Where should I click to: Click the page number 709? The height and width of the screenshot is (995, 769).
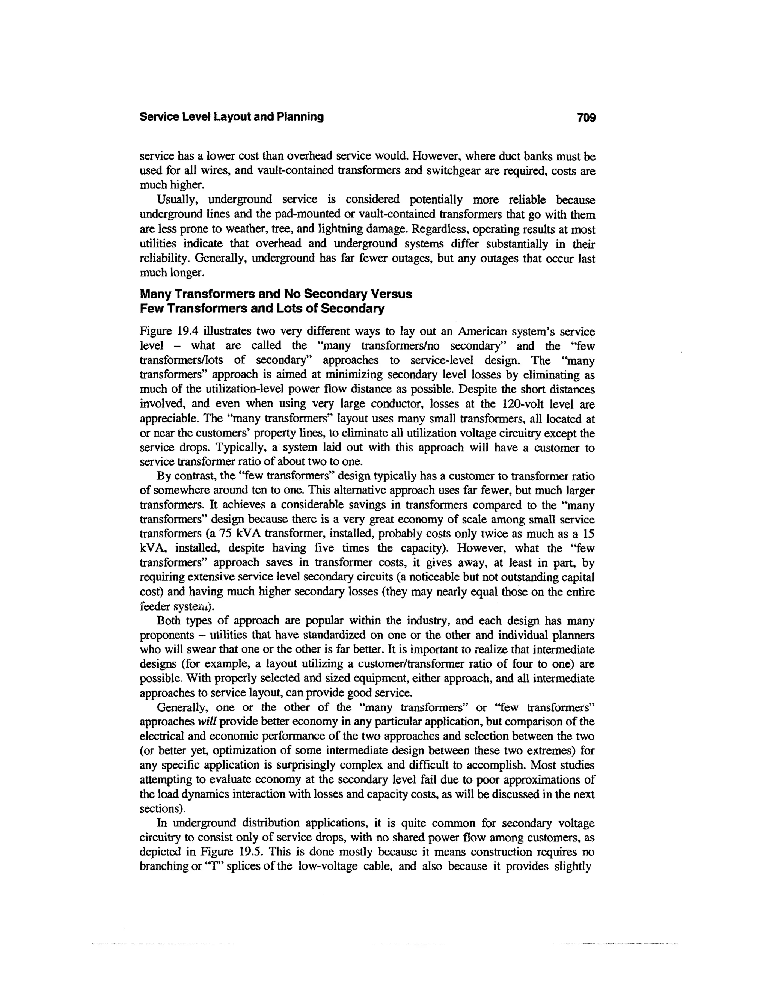coord(586,118)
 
